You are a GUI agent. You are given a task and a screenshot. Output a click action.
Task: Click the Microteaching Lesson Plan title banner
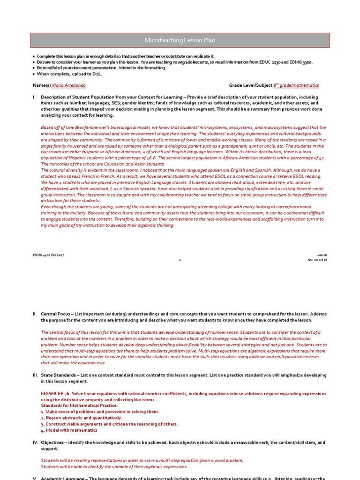tap(180, 41)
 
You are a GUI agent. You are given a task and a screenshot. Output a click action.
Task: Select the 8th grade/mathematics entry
tap(296, 85)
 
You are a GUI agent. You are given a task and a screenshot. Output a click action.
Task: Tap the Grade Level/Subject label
tap(250, 85)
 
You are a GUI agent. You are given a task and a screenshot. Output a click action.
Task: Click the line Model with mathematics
tap(70, 430)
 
